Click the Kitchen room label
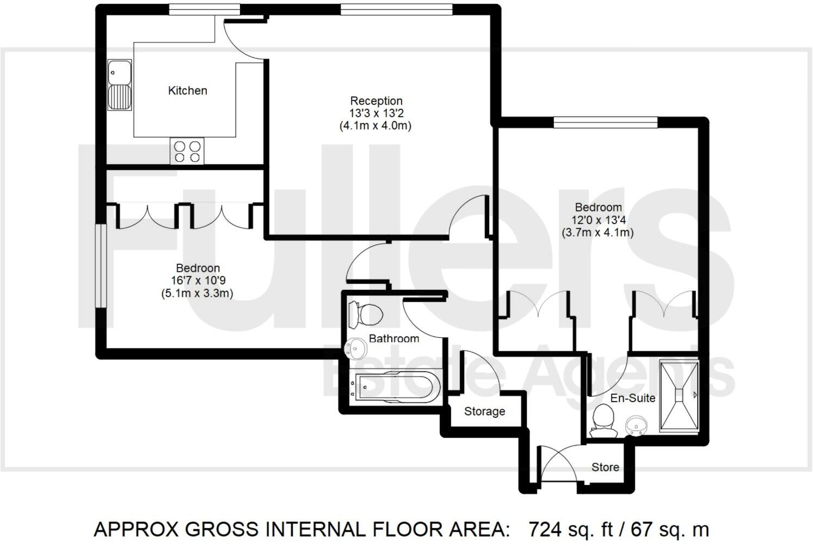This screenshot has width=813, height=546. (x=187, y=90)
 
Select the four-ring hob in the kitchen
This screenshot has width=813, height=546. (x=187, y=151)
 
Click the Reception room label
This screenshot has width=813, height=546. (x=376, y=101)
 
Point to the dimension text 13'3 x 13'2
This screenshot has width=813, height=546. (x=376, y=113)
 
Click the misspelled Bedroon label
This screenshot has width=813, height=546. (x=198, y=268)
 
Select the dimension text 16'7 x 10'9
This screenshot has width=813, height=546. (x=198, y=281)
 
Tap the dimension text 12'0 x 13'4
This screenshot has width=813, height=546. (x=598, y=220)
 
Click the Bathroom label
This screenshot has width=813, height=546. (x=394, y=338)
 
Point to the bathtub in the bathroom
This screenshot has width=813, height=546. (x=397, y=387)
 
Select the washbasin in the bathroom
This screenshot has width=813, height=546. (x=356, y=348)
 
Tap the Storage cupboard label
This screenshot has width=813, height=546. (x=484, y=411)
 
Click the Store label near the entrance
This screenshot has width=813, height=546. (x=605, y=467)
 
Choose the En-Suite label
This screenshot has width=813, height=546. (x=632, y=398)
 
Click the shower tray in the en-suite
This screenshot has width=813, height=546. (x=678, y=396)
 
